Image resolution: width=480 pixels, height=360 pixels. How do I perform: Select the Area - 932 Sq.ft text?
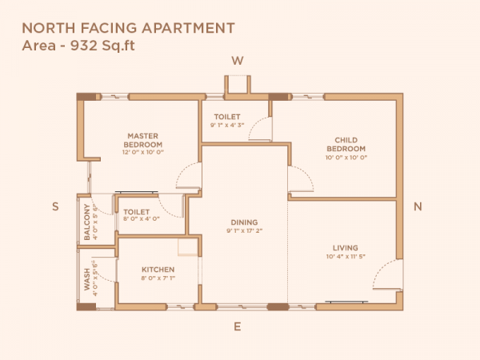78,46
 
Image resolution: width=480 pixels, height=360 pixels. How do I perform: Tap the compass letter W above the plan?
237,61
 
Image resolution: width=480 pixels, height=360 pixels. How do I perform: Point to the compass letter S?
55,206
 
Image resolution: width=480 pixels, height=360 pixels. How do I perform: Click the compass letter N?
417,206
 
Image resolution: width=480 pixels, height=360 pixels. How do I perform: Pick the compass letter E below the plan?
237,327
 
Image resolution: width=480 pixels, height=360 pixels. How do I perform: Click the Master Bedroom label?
143,140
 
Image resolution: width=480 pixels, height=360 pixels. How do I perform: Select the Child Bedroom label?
346,145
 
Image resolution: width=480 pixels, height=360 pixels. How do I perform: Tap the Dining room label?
243,222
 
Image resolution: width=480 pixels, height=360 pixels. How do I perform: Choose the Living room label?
346,248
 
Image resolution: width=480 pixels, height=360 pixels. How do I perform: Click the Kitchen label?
158,270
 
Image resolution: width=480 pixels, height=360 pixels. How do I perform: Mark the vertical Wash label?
87,278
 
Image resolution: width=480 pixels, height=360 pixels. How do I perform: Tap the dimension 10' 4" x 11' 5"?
346,257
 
